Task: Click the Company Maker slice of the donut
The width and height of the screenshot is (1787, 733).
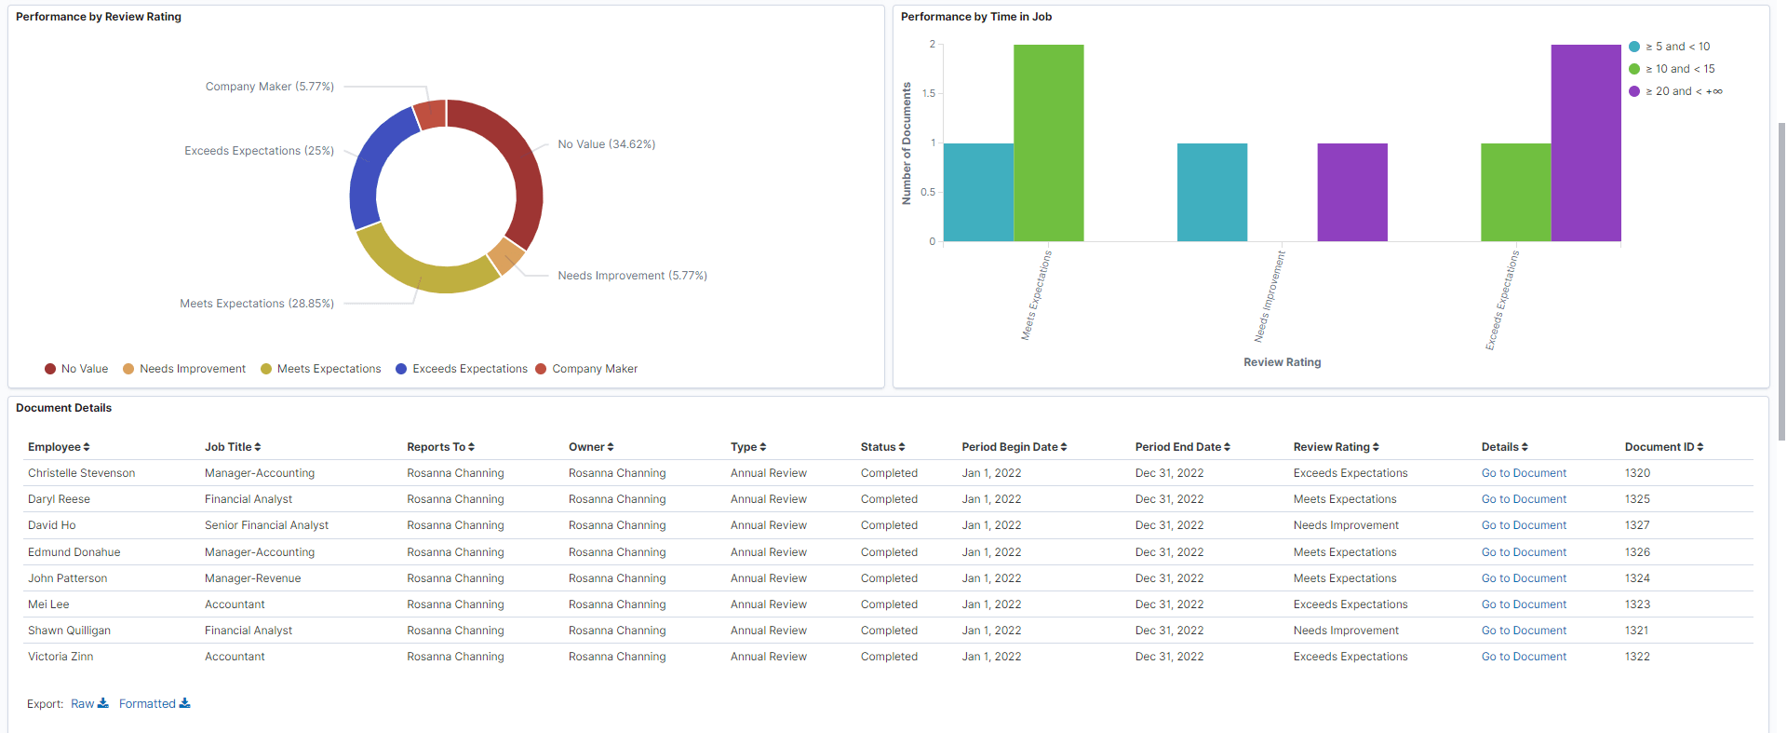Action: pyautogui.click(x=430, y=115)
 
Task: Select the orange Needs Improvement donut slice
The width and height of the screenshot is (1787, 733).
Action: pyautogui.click(x=505, y=255)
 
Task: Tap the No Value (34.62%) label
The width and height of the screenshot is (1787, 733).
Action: pyautogui.click(x=606, y=144)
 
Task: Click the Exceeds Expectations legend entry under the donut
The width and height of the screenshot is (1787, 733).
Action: pyautogui.click(x=469, y=369)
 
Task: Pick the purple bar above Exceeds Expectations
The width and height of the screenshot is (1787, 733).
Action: pyautogui.click(x=1585, y=143)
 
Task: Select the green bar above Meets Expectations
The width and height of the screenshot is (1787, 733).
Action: pyautogui.click(x=1048, y=143)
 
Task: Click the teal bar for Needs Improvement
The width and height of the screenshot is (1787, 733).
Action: pyautogui.click(x=1212, y=193)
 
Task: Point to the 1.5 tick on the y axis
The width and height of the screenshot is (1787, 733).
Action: pyautogui.click(x=928, y=93)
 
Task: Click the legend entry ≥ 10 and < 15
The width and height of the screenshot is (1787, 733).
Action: pyautogui.click(x=1679, y=69)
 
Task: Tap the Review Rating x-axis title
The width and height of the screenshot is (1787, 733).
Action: pyautogui.click(x=1282, y=362)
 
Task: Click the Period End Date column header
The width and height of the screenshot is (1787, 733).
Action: pyautogui.click(x=1182, y=447)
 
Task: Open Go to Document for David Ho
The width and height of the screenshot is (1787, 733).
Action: pyautogui.click(x=1524, y=525)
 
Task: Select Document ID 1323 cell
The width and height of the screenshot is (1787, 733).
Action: pyautogui.click(x=1637, y=604)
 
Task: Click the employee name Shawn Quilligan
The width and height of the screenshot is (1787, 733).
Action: pyautogui.click(x=69, y=631)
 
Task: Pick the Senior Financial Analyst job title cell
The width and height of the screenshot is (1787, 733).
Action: pyautogui.click(x=266, y=525)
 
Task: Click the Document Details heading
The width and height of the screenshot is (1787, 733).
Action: pyautogui.click(x=63, y=408)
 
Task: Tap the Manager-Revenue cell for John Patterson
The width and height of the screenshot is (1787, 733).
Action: pyautogui.click(x=252, y=578)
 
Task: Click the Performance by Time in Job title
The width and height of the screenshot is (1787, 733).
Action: pyautogui.click(x=975, y=17)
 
